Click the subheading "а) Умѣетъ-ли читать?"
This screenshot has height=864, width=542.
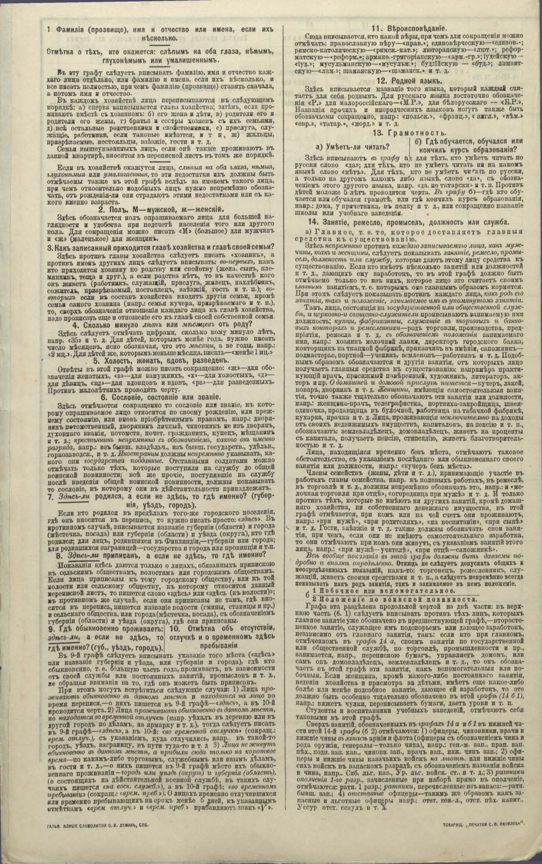(x=353, y=146)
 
